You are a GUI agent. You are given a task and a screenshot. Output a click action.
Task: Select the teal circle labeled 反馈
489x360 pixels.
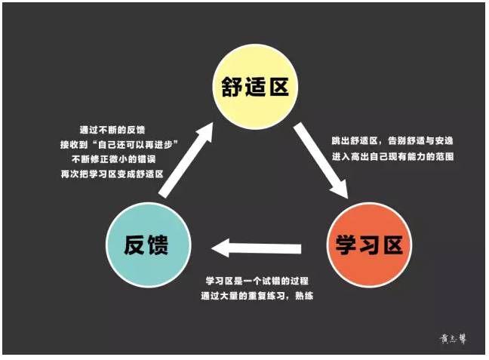(x=143, y=245)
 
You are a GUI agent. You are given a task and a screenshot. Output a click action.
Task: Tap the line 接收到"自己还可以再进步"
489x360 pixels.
(x=120, y=144)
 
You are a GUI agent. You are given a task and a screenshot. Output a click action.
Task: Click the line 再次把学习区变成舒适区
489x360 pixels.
(x=120, y=174)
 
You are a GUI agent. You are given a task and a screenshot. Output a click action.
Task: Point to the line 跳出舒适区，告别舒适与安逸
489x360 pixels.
(x=392, y=141)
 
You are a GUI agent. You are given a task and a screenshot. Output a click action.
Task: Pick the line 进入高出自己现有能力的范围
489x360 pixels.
(x=392, y=156)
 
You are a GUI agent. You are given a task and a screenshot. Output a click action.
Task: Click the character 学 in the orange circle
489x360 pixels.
(x=343, y=245)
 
